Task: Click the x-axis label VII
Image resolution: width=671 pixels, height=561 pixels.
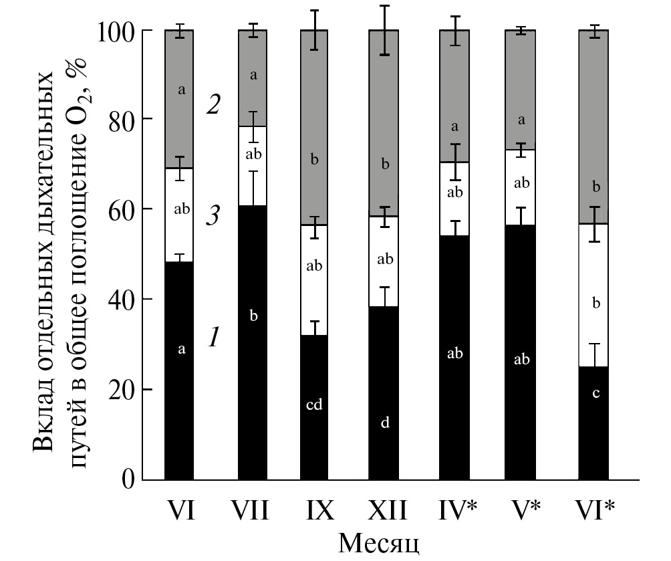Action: pos(252,512)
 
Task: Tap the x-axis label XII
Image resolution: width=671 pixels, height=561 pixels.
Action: pos(386,512)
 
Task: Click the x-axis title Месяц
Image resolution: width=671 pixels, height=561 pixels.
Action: pos(379,542)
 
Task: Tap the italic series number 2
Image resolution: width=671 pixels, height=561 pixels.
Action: pos(213,106)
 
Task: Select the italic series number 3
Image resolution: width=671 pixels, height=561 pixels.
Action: pos(213,218)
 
